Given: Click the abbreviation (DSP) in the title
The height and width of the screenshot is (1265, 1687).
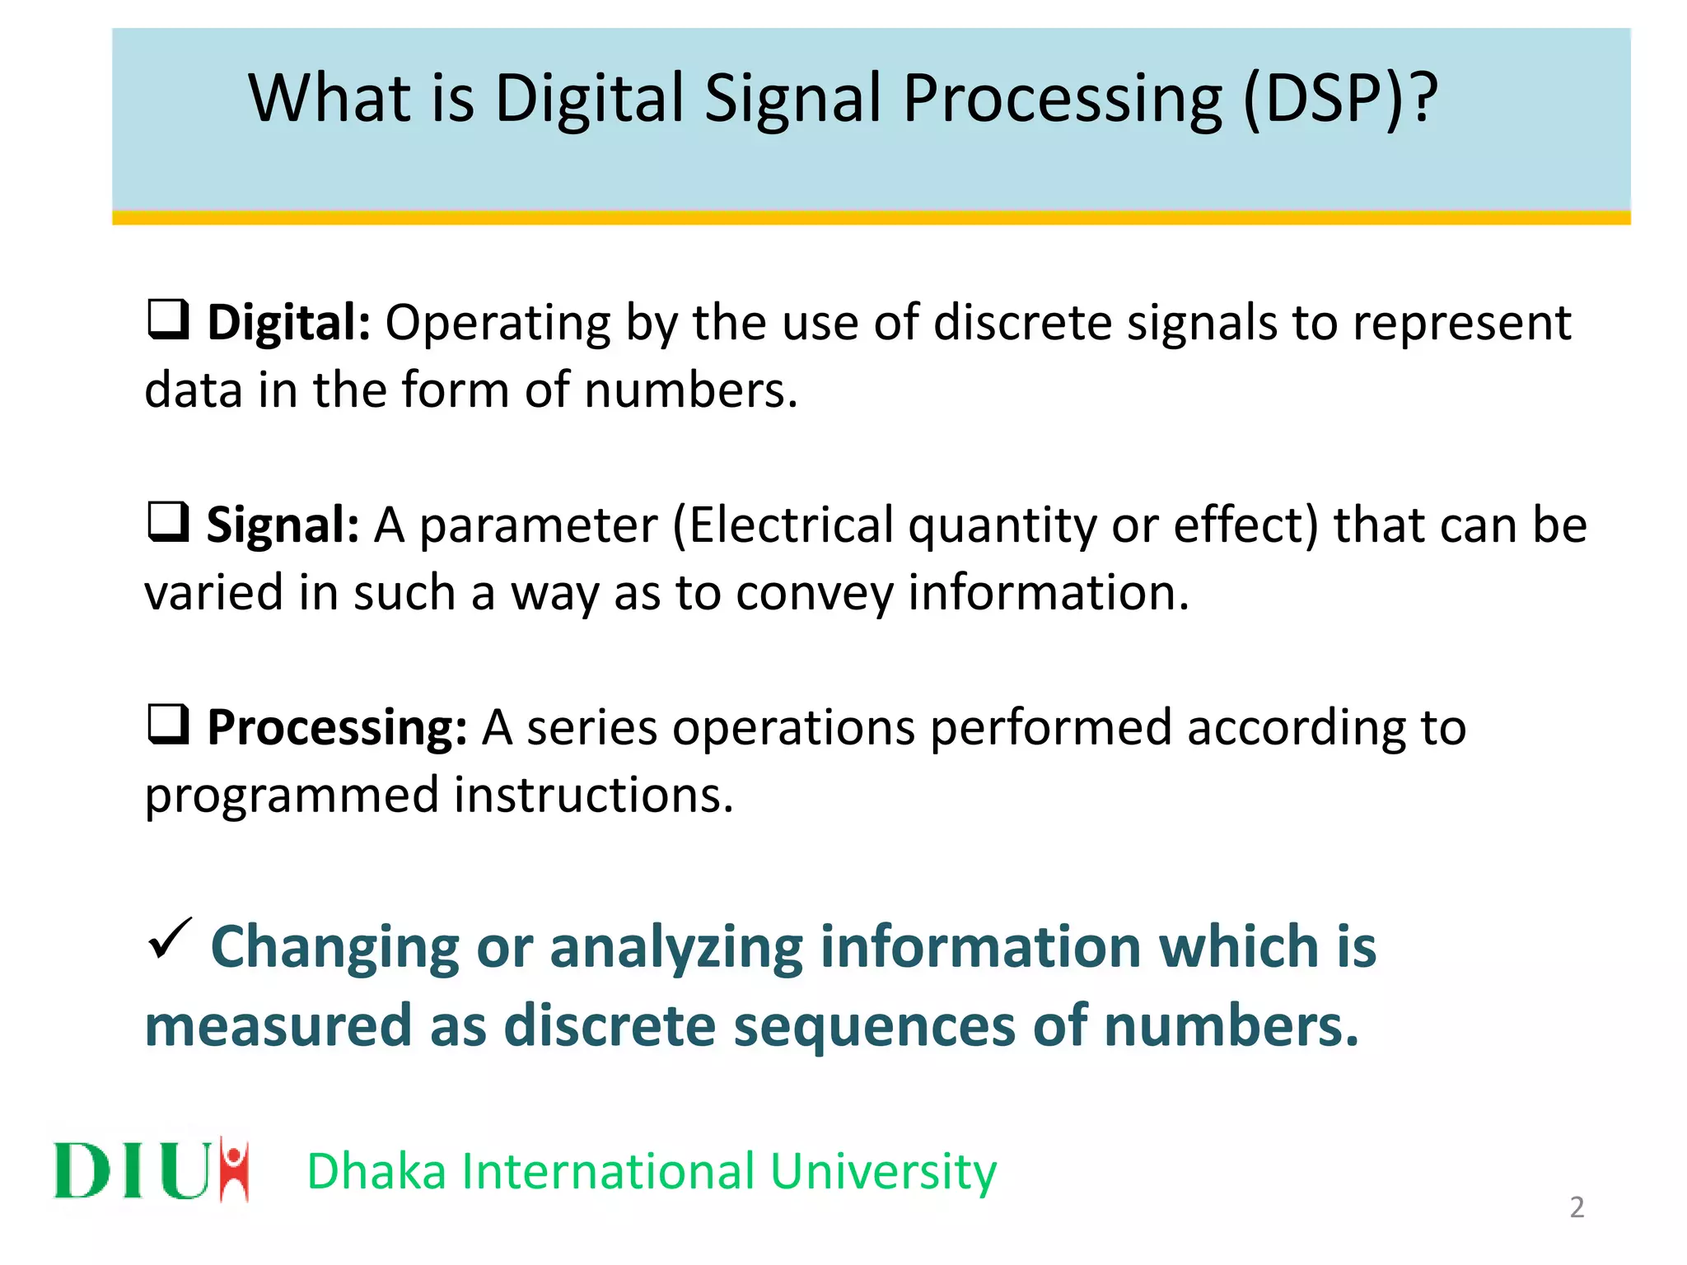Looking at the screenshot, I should click(x=1324, y=99).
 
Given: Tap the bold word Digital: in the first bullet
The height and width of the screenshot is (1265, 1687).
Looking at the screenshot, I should click(x=288, y=322).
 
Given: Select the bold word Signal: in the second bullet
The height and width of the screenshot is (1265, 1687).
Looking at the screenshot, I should click(x=283, y=525).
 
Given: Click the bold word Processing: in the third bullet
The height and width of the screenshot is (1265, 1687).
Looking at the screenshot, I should click(x=337, y=728).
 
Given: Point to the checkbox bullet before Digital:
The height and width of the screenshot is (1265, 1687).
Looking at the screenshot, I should click(x=168, y=320).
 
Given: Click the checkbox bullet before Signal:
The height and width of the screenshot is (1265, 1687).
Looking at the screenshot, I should click(x=168, y=522).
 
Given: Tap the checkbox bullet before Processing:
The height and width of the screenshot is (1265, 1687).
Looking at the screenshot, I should click(x=168, y=725).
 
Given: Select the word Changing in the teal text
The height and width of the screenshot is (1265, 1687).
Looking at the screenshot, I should click(x=334, y=947).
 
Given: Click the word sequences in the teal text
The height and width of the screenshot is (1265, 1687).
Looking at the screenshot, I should click(x=874, y=1026).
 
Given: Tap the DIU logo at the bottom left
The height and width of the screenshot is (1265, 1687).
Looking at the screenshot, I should click(x=151, y=1169).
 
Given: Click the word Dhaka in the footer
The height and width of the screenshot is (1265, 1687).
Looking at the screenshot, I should click(x=376, y=1171).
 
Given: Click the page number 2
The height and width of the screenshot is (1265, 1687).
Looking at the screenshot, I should click(x=1577, y=1207).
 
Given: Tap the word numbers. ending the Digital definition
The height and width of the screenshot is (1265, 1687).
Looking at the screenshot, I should click(x=691, y=390).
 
